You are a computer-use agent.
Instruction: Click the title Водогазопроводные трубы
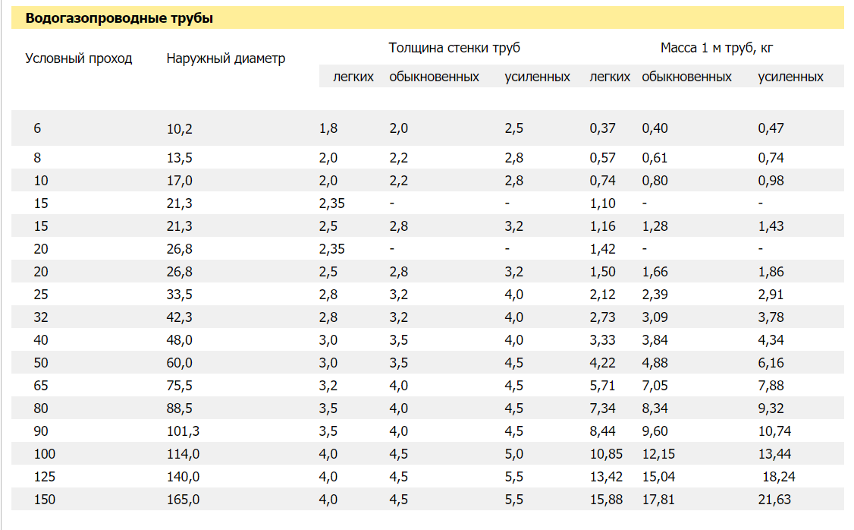click(x=119, y=18)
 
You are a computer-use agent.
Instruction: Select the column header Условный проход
click(x=79, y=59)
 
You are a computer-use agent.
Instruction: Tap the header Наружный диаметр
click(x=226, y=59)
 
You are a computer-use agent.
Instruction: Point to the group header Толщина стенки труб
click(x=454, y=48)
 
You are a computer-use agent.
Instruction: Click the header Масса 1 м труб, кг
click(x=717, y=48)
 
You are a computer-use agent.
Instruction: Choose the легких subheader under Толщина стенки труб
click(x=353, y=77)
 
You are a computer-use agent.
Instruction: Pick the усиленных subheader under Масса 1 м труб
click(x=791, y=77)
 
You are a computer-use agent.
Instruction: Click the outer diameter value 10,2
click(x=180, y=128)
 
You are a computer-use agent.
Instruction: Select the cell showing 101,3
click(x=183, y=431)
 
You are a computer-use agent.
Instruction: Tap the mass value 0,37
click(x=602, y=128)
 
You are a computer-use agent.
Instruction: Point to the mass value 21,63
click(x=774, y=500)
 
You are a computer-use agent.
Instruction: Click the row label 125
click(x=45, y=477)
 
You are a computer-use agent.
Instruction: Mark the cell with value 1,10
click(x=602, y=204)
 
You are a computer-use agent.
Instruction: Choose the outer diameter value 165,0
click(x=183, y=500)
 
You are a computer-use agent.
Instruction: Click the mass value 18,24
click(x=779, y=477)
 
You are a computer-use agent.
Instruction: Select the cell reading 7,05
click(x=655, y=386)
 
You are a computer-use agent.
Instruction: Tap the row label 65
click(x=41, y=386)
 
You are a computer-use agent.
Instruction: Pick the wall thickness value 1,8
click(x=328, y=128)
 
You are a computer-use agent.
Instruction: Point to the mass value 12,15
click(x=658, y=454)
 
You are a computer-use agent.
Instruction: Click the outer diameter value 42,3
click(x=180, y=317)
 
